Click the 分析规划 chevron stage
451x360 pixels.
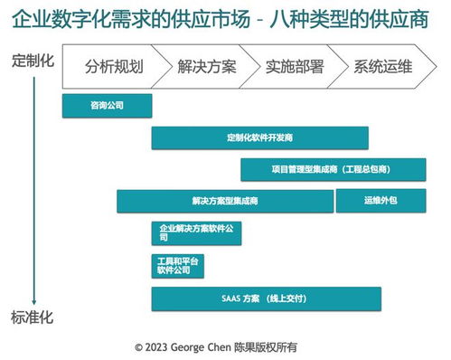tap(113, 67)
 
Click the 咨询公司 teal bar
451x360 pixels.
tap(107, 106)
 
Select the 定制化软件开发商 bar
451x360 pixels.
tap(259, 137)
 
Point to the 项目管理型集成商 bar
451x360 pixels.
tap(333, 169)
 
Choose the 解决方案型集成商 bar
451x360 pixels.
tap(225, 201)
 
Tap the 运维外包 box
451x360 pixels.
tap(381, 201)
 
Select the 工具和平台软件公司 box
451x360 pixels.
tap(177, 265)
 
